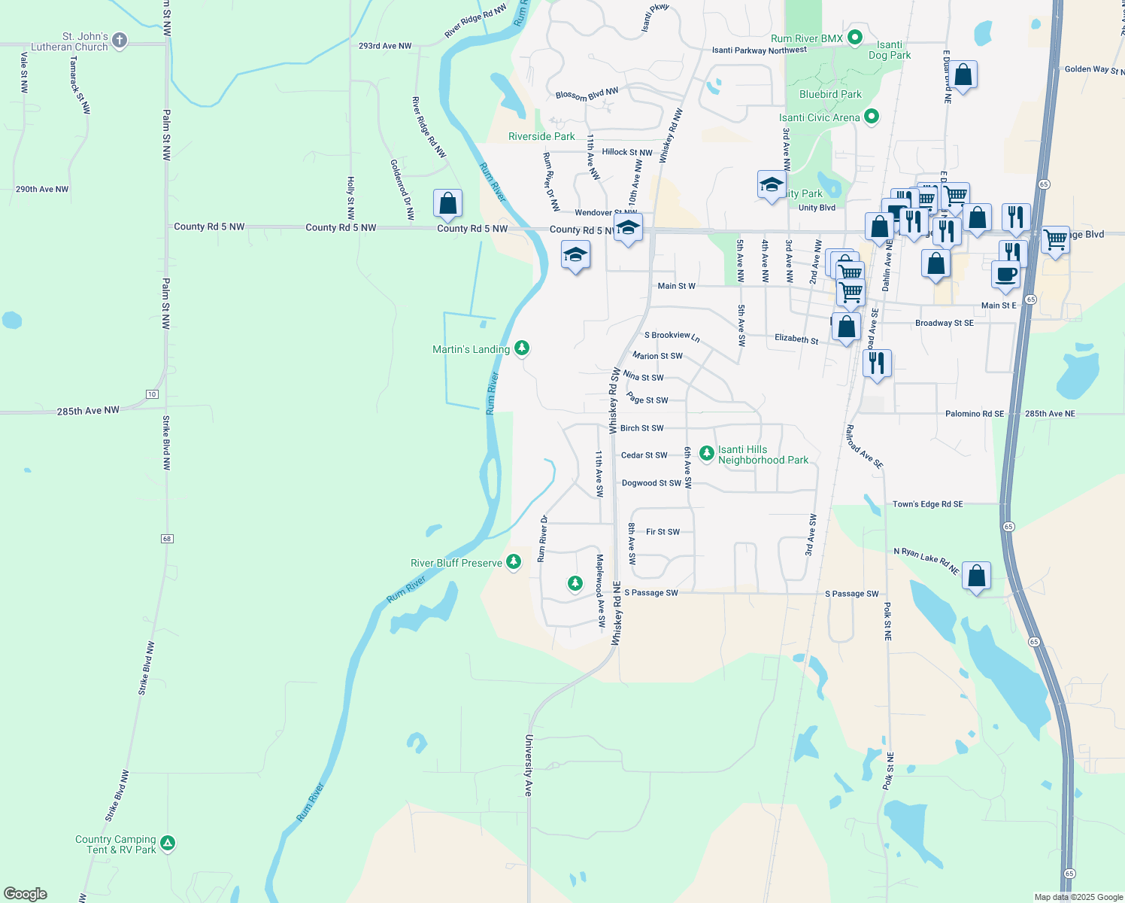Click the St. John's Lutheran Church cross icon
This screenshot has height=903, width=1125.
coord(120,40)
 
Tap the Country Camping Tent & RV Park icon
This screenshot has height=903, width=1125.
coord(168,844)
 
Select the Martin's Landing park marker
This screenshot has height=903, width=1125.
coord(522,348)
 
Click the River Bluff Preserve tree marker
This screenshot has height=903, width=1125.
coord(514,561)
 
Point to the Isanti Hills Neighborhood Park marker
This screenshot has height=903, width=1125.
coord(706,453)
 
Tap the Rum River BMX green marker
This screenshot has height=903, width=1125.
coord(854,37)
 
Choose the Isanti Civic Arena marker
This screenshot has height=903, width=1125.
coord(872,117)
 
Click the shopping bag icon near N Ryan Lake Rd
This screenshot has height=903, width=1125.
coord(976,576)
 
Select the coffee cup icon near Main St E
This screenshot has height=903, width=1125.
coord(1005,275)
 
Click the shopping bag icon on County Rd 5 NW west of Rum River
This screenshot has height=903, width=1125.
coord(447,204)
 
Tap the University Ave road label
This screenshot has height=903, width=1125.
coord(529,765)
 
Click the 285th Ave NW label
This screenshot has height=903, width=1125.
coord(88,411)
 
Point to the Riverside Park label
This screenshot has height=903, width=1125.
coord(541,136)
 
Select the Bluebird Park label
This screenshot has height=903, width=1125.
coord(830,94)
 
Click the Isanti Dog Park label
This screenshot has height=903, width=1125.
coord(890,50)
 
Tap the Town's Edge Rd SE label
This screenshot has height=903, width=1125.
coord(927,504)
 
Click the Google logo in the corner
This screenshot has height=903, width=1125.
coord(26,893)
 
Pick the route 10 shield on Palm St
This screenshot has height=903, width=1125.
coord(152,394)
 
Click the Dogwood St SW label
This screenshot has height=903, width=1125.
coord(651,483)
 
